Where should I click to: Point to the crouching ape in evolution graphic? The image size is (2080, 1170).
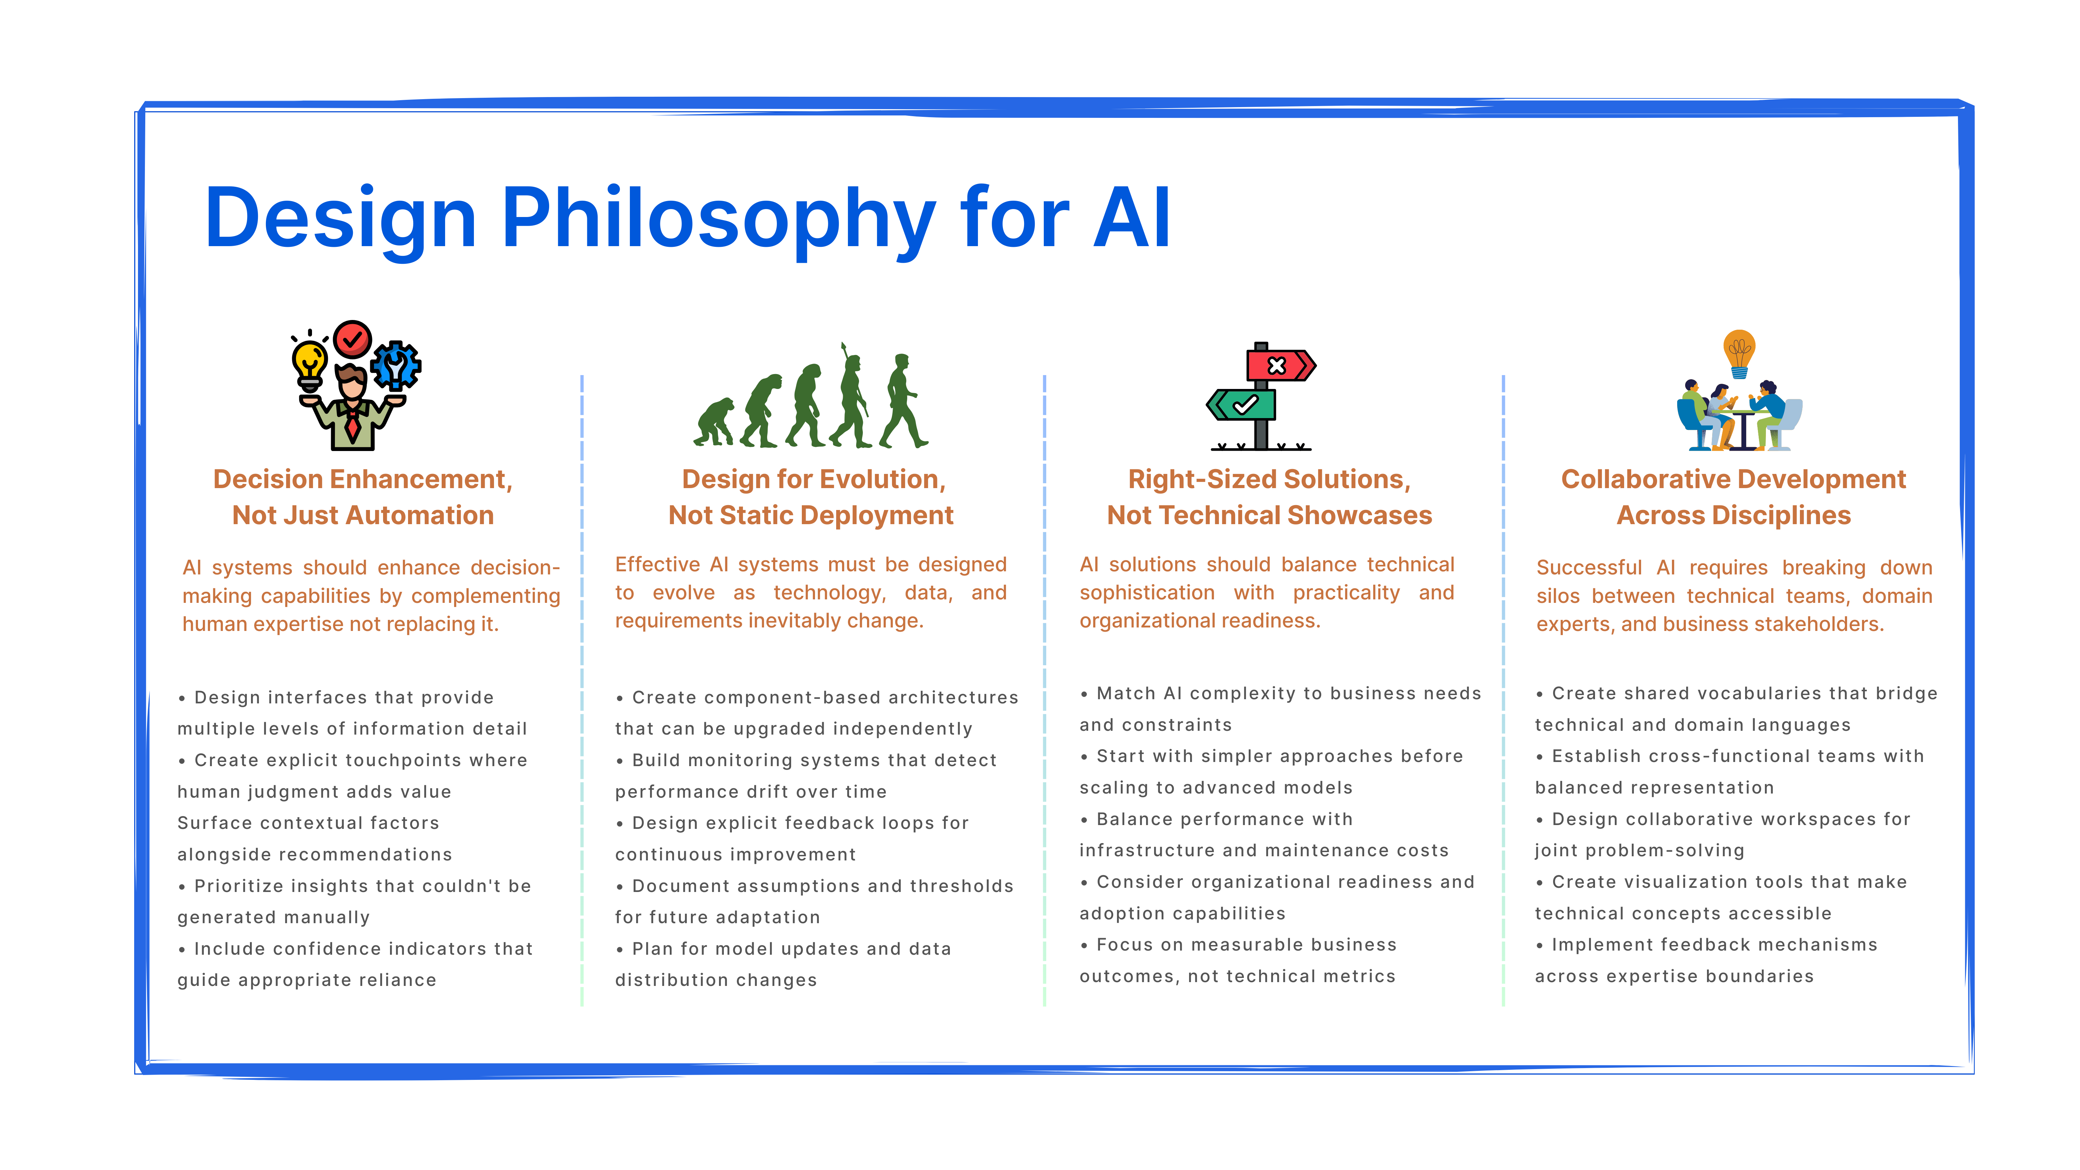coord(714,422)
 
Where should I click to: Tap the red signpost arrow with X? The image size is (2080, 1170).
coord(1280,365)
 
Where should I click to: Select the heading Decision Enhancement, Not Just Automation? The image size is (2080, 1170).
coord(363,496)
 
